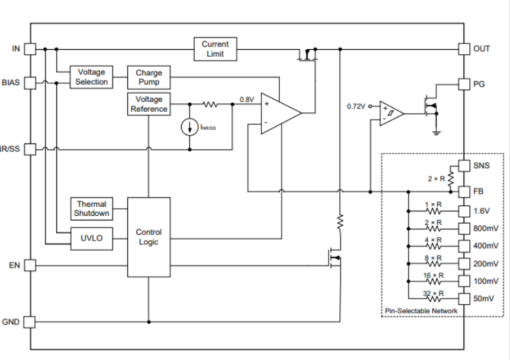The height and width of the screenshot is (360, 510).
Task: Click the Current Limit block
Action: pos(215,48)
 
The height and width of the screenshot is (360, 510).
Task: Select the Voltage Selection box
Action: pos(91,78)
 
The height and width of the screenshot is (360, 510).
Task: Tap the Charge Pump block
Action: pos(149,78)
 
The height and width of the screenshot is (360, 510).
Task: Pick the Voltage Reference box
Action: pos(149,104)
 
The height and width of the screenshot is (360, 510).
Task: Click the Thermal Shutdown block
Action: pos(92,209)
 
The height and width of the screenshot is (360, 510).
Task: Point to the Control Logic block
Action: pos(149,237)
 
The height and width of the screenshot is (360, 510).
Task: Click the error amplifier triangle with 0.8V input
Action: pos(278,112)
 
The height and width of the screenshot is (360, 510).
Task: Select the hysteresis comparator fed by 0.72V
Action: pos(390,113)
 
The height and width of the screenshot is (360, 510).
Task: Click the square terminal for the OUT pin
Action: pos(463,48)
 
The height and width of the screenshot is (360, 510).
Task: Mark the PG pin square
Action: pos(463,83)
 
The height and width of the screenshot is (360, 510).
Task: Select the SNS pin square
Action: pos(463,165)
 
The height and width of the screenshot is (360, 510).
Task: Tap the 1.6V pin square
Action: pos(463,211)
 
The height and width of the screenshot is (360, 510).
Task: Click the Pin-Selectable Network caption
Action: pos(421,311)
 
